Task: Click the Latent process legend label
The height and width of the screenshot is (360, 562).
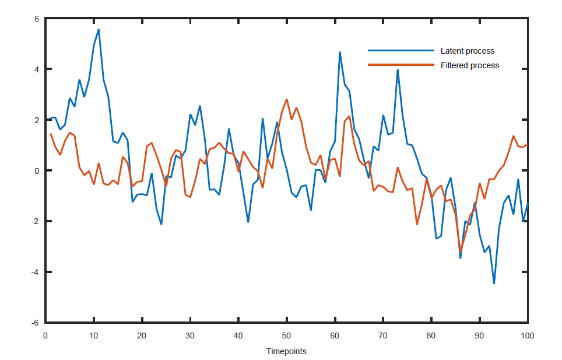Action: pyautogui.click(x=467, y=51)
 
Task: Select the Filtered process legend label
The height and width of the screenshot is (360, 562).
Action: pyautogui.click(x=469, y=65)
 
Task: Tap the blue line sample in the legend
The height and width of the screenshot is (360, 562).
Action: pyautogui.click(x=401, y=51)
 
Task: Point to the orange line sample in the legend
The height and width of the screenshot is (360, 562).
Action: pyautogui.click(x=401, y=65)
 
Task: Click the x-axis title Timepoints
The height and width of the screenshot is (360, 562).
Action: pyautogui.click(x=286, y=351)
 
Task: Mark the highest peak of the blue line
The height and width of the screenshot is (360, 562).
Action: pyautogui.click(x=99, y=30)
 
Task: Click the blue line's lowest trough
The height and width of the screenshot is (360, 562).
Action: pyautogui.click(x=494, y=284)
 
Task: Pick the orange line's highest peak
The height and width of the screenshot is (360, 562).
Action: pyautogui.click(x=287, y=100)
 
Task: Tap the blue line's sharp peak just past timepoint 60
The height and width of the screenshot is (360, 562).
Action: pyautogui.click(x=340, y=53)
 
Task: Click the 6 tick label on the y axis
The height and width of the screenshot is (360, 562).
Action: pyautogui.click(x=36, y=19)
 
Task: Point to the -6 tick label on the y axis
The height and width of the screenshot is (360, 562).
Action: pyautogui.click(x=34, y=323)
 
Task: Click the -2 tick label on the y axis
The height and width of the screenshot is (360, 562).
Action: pyautogui.click(x=34, y=221)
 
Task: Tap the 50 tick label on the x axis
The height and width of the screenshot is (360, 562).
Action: pyautogui.click(x=286, y=335)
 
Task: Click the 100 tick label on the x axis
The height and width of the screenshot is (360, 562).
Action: pyautogui.click(x=527, y=335)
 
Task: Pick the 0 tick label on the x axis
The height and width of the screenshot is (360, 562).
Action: pyautogui.click(x=45, y=335)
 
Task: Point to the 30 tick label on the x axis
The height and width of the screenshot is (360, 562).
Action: pyautogui.click(x=190, y=335)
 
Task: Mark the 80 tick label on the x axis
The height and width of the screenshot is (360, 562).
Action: pyautogui.click(x=431, y=335)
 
